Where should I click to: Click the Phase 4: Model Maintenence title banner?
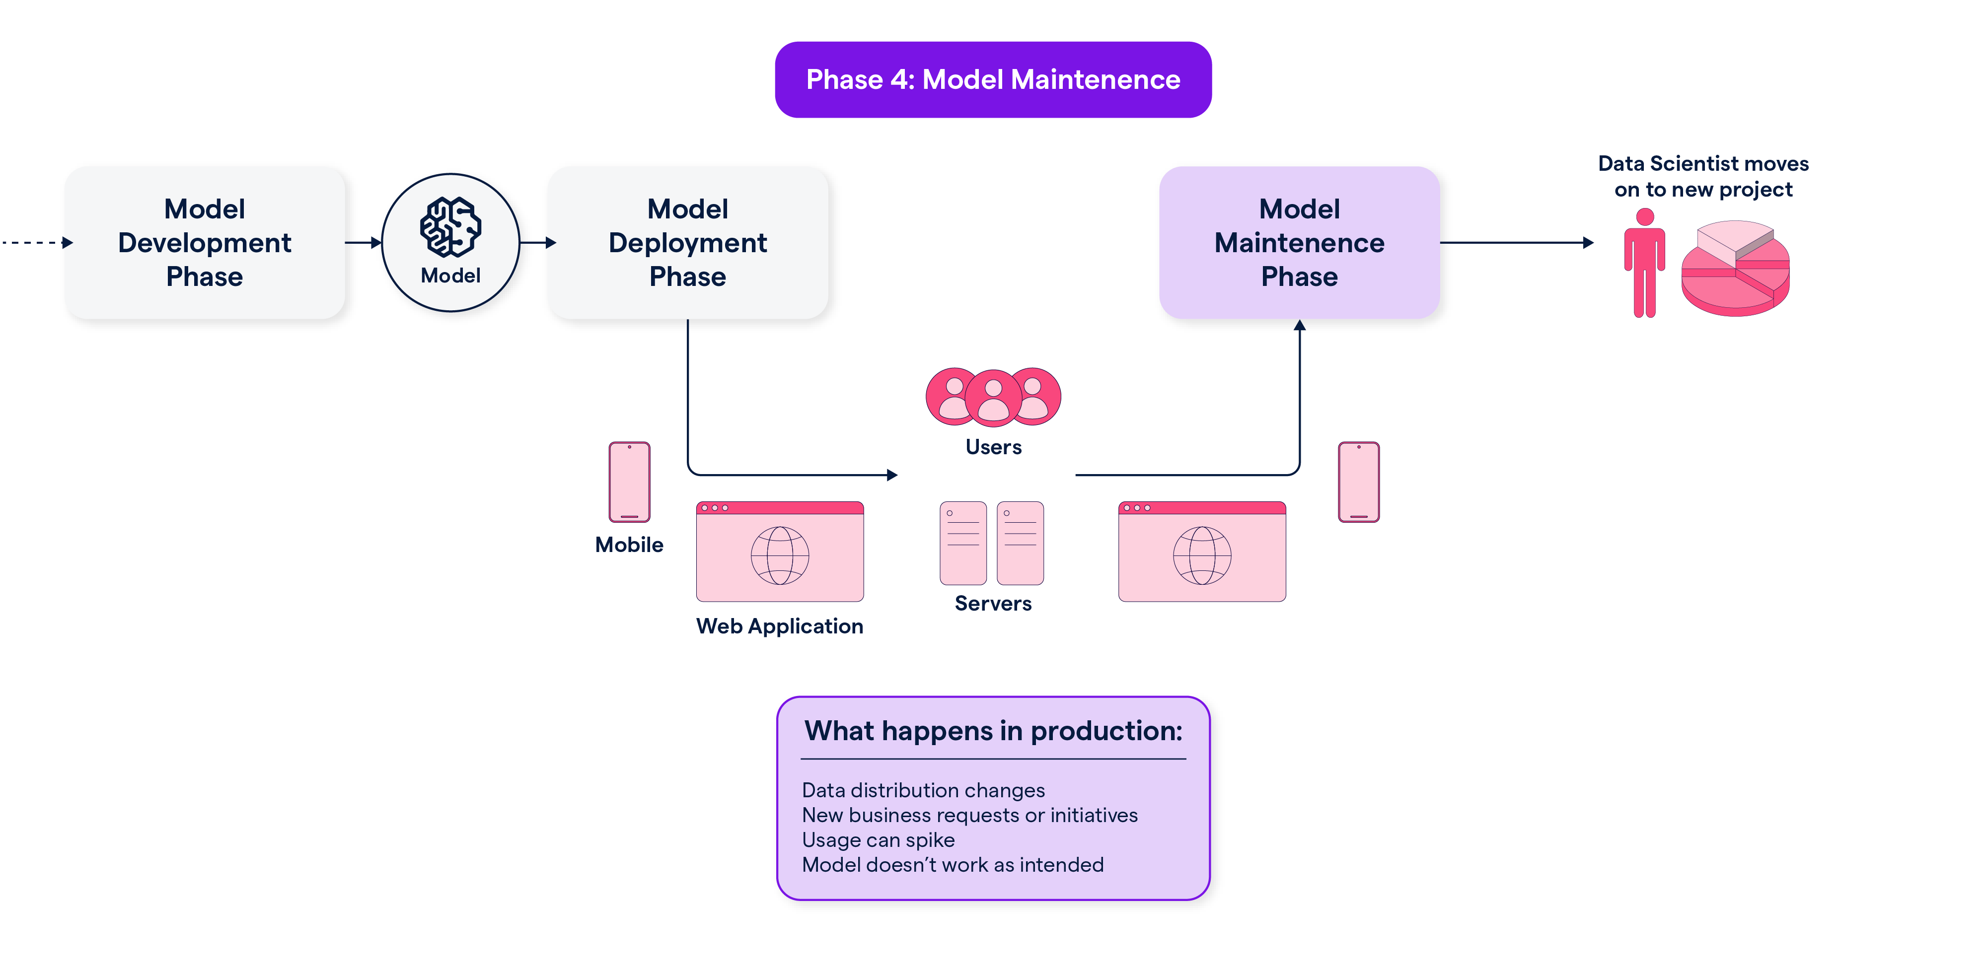993,79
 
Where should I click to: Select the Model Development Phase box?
205,242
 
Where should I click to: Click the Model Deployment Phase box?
687,242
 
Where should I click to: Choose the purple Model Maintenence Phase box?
1299,242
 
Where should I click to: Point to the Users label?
993,447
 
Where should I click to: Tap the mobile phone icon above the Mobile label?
629,482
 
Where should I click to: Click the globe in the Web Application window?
780,555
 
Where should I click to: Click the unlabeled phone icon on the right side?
1358,482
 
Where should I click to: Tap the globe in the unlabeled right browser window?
1202,555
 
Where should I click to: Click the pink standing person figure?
1644,262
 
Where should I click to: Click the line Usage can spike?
878,840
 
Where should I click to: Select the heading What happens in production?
993,730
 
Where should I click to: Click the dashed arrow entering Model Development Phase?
35,242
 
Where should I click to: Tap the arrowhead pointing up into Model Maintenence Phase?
1300,326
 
